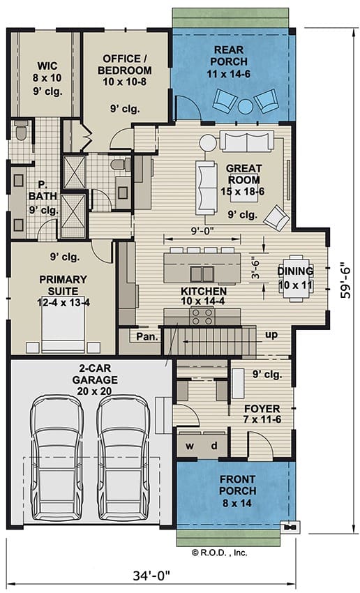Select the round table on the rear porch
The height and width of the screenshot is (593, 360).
click(246, 106)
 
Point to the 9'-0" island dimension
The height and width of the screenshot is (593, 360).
click(202, 230)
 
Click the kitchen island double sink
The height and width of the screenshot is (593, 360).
click(202, 273)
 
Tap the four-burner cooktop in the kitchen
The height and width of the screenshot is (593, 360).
click(202, 317)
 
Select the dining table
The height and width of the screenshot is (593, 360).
click(296, 278)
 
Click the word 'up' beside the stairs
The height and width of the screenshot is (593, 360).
click(271, 335)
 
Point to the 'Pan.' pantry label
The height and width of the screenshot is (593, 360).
click(147, 336)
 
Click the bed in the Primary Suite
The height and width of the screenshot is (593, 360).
click(63, 324)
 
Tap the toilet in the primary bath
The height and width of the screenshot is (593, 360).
click(21, 130)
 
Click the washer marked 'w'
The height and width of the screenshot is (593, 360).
click(190, 446)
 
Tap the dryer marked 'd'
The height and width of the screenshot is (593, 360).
click(214, 446)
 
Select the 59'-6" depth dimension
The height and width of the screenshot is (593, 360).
click(345, 280)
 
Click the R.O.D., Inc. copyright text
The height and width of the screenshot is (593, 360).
click(219, 553)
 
